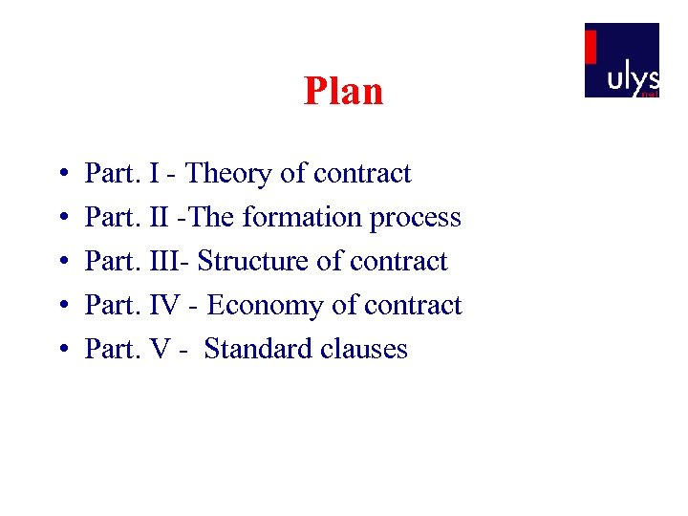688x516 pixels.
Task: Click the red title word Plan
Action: (x=343, y=92)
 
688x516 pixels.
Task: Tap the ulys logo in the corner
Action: (x=621, y=60)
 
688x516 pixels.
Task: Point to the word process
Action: (x=416, y=219)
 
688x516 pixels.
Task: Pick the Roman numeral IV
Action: (x=167, y=306)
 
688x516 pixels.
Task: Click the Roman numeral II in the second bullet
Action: (x=160, y=218)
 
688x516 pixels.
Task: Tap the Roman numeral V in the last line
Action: (x=161, y=349)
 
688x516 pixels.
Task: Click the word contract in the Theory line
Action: (x=362, y=174)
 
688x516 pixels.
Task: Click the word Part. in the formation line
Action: (x=114, y=218)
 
